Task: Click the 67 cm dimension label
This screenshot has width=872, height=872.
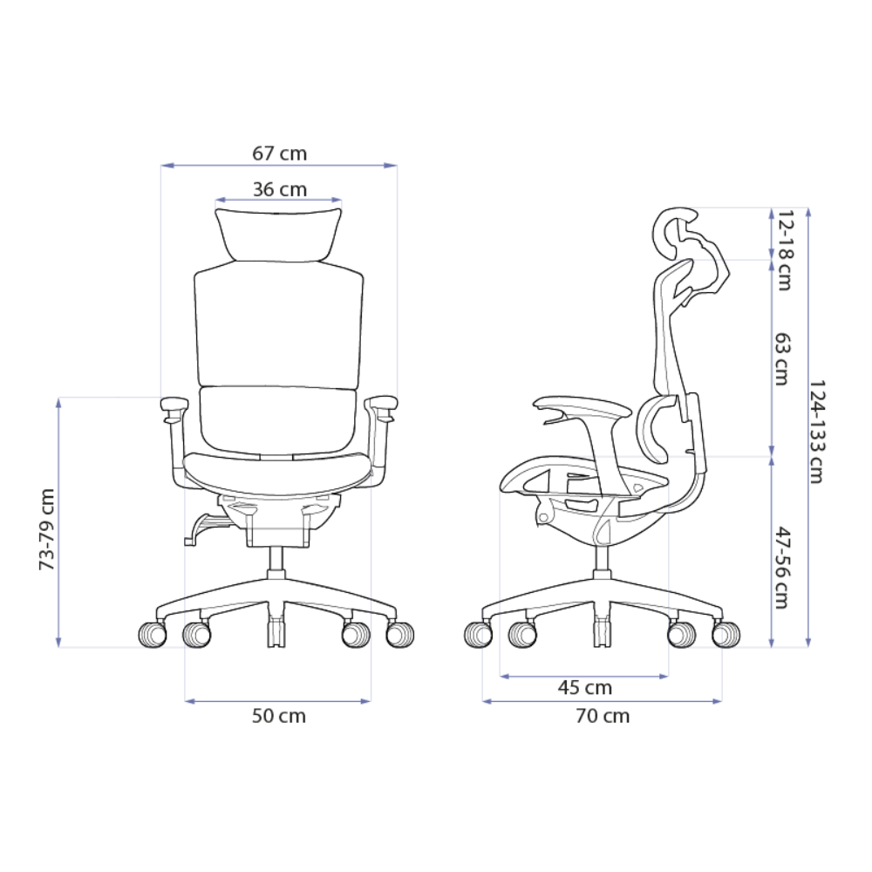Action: [279, 153]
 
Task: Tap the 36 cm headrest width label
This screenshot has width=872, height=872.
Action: [279, 189]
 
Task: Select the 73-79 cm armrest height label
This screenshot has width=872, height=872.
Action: [47, 529]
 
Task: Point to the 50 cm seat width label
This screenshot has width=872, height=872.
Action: [279, 716]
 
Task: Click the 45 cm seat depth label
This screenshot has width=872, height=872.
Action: [584, 688]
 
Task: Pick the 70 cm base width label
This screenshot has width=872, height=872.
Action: [603, 716]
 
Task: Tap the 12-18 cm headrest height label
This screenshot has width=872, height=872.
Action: [785, 250]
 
